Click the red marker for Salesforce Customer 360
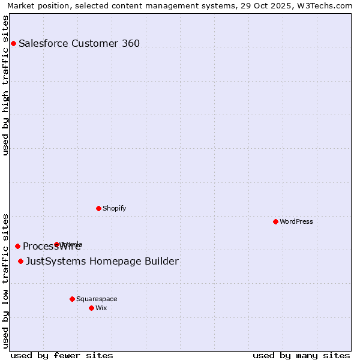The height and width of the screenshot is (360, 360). pos(13,43)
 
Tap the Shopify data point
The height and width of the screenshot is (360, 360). pos(98,208)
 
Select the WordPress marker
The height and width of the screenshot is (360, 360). pos(275,221)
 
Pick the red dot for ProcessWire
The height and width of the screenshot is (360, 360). pos(17,246)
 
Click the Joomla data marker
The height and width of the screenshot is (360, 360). pos(57,244)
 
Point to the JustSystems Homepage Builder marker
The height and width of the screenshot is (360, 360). pos(20,261)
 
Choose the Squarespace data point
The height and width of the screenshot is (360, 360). pos(72,299)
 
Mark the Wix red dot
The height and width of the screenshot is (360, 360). pos(91,308)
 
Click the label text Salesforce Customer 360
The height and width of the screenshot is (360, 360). pos(79,43)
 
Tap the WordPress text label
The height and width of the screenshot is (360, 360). pos(296,221)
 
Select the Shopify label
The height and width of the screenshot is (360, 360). pos(114,208)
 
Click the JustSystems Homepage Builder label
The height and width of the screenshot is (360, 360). pos(102,261)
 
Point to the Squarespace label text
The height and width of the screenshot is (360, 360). pos(97,299)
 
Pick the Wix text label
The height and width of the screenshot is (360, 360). pos(101,308)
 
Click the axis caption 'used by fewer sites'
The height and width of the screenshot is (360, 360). pos(62,355)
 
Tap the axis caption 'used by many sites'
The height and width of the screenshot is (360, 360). pos(301,355)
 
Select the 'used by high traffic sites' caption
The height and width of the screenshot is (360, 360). pos(5,85)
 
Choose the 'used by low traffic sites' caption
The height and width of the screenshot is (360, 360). pos(5,281)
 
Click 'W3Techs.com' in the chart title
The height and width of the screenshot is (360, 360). pos(328,5)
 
